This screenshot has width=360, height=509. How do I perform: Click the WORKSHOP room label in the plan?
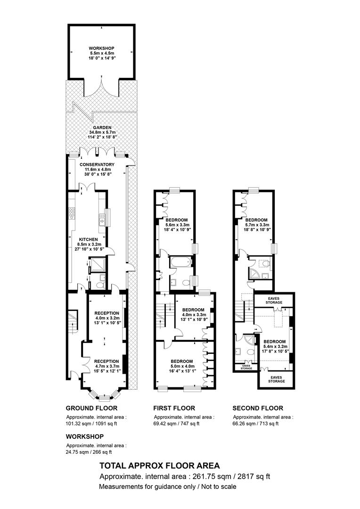coord(102,49)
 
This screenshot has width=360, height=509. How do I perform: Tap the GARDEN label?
coord(102,128)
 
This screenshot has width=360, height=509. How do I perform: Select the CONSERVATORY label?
coord(97,164)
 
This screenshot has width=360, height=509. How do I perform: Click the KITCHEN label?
coord(89,239)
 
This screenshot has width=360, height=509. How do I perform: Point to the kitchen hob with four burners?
coord(72,213)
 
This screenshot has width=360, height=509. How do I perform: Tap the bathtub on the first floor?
coord(180,262)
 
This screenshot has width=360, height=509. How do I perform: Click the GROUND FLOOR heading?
coord(91,408)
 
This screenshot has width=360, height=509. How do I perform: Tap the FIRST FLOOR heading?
coord(174,408)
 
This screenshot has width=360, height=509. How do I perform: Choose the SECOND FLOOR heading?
coord(258,408)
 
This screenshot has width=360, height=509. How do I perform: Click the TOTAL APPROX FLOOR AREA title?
coord(160,466)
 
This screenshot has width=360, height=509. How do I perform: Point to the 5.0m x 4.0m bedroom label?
coord(182,366)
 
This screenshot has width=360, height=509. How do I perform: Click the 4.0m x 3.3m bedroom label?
coord(193,314)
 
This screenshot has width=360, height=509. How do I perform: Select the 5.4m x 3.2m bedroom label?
coord(275,346)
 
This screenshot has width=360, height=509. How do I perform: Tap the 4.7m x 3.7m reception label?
coord(106,366)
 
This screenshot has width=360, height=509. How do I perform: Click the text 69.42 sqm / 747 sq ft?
coord(177,424)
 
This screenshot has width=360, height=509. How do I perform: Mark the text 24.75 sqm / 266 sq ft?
coord(89,452)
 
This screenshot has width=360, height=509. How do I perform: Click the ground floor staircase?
coord(73,322)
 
